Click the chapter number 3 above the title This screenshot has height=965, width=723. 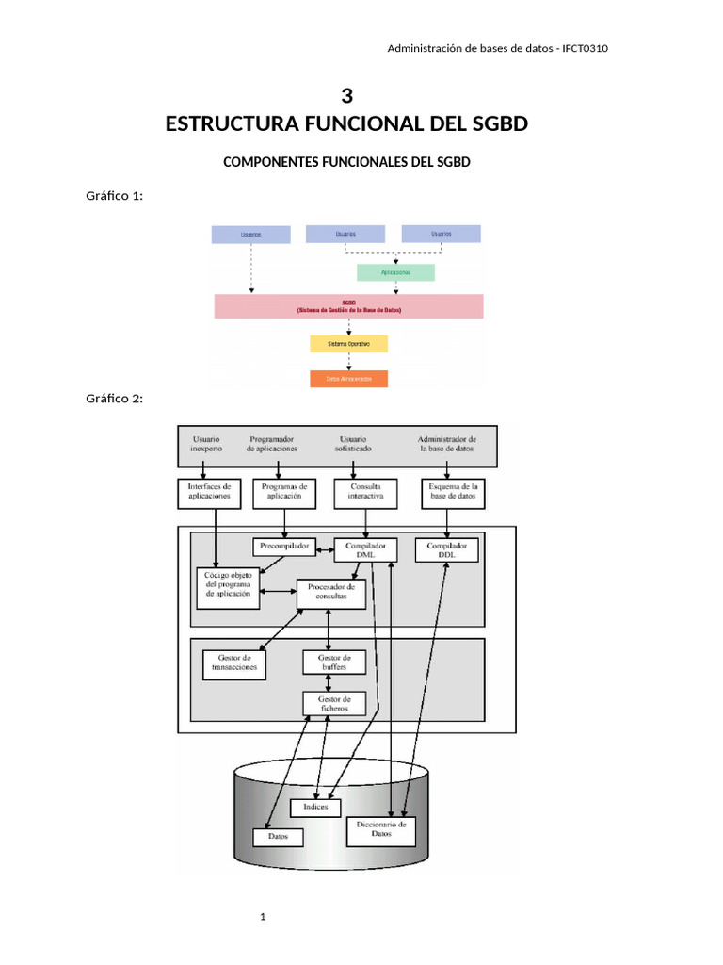point(346,96)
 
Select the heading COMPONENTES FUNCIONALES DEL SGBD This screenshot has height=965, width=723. point(345,162)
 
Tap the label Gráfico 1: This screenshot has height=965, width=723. point(114,196)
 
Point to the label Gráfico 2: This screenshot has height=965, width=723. point(114,399)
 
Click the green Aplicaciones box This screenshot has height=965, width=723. point(395,272)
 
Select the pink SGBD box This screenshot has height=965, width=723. point(348,306)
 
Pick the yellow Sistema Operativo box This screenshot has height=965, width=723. point(348,344)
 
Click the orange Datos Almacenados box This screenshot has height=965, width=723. point(348,379)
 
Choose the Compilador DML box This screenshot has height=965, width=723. point(365,550)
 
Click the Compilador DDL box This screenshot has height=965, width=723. point(446,550)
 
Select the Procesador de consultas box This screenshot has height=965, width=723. point(330,593)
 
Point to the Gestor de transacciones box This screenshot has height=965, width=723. point(234,663)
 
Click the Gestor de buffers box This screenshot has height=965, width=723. point(333,662)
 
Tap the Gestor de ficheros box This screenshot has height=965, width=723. point(333,703)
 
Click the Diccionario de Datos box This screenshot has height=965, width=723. point(381,829)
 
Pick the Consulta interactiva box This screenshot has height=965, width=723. point(365,492)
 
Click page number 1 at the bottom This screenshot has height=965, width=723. point(265,916)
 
